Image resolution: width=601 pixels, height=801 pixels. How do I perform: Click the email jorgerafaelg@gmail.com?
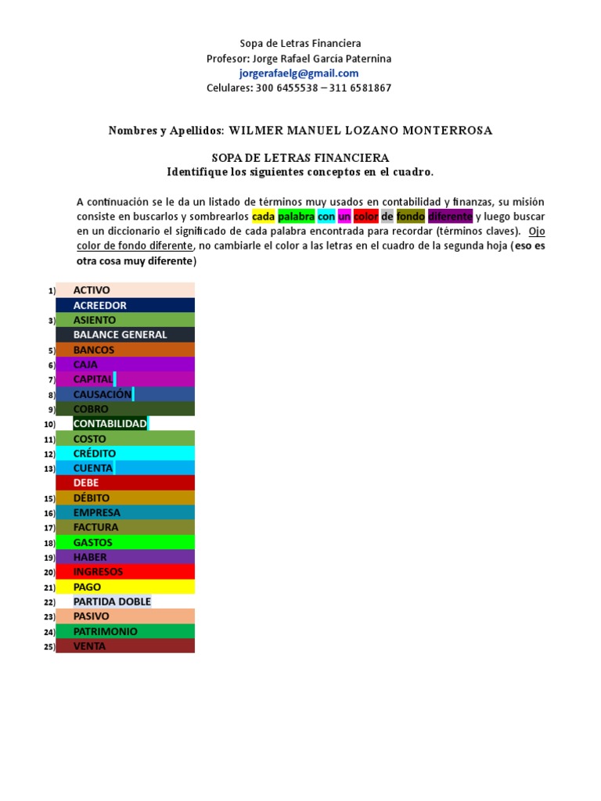click(300, 74)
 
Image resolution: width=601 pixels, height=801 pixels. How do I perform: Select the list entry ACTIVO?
click(92, 290)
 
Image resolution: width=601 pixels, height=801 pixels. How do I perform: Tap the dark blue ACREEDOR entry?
click(99, 305)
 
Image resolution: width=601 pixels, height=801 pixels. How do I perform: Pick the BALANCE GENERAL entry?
click(120, 335)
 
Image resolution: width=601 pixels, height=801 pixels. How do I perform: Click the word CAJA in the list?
click(85, 365)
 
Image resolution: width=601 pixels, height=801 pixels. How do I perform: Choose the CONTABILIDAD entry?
click(110, 424)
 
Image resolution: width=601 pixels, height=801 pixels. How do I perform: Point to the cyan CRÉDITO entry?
click(94, 454)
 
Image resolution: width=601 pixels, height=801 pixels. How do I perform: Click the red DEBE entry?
click(86, 483)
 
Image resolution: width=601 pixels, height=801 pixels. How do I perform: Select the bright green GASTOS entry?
click(92, 543)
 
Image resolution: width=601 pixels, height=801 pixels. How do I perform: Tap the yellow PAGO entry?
click(87, 587)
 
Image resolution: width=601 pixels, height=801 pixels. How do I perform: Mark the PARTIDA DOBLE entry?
click(112, 602)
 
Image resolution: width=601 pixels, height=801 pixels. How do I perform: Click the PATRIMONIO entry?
click(105, 631)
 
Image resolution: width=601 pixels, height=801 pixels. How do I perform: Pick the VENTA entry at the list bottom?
click(89, 646)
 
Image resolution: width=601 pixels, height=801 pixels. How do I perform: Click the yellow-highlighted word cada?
click(263, 216)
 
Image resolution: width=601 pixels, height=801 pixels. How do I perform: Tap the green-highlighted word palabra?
click(297, 216)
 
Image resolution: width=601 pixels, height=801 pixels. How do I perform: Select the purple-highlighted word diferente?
click(450, 216)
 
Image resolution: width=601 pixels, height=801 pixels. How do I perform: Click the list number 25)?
click(49, 647)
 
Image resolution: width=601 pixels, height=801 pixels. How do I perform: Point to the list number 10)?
click(49, 425)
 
